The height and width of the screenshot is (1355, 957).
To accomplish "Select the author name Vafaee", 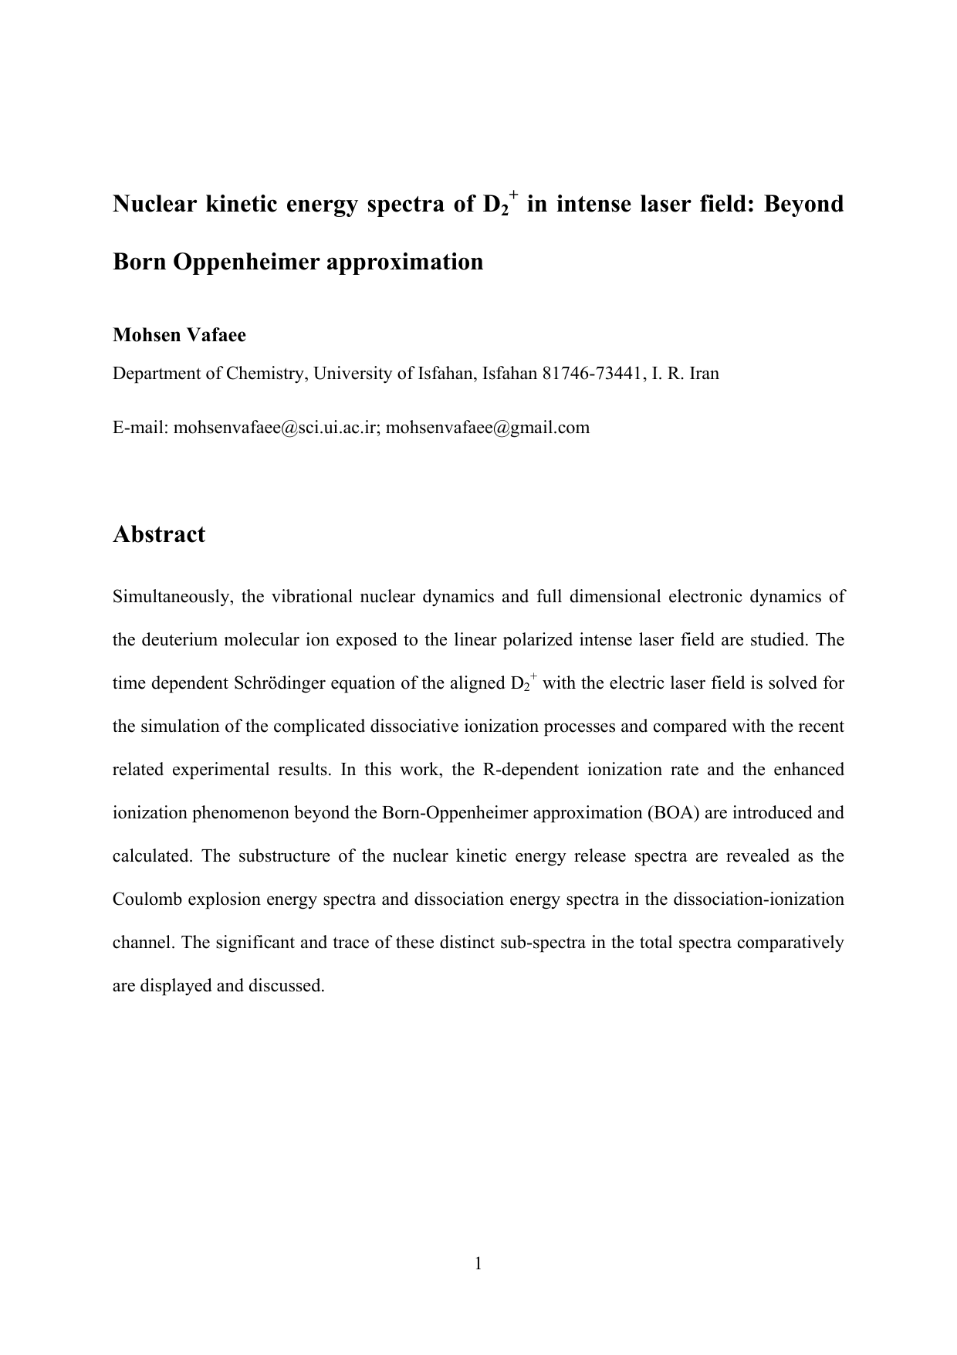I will (216, 335).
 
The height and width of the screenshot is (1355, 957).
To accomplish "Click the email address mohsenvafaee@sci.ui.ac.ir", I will (275, 428).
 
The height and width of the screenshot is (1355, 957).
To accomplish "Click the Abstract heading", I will (159, 534).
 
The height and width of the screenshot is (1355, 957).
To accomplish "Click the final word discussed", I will (287, 986).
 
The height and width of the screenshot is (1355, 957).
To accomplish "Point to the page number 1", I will (478, 1263).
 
